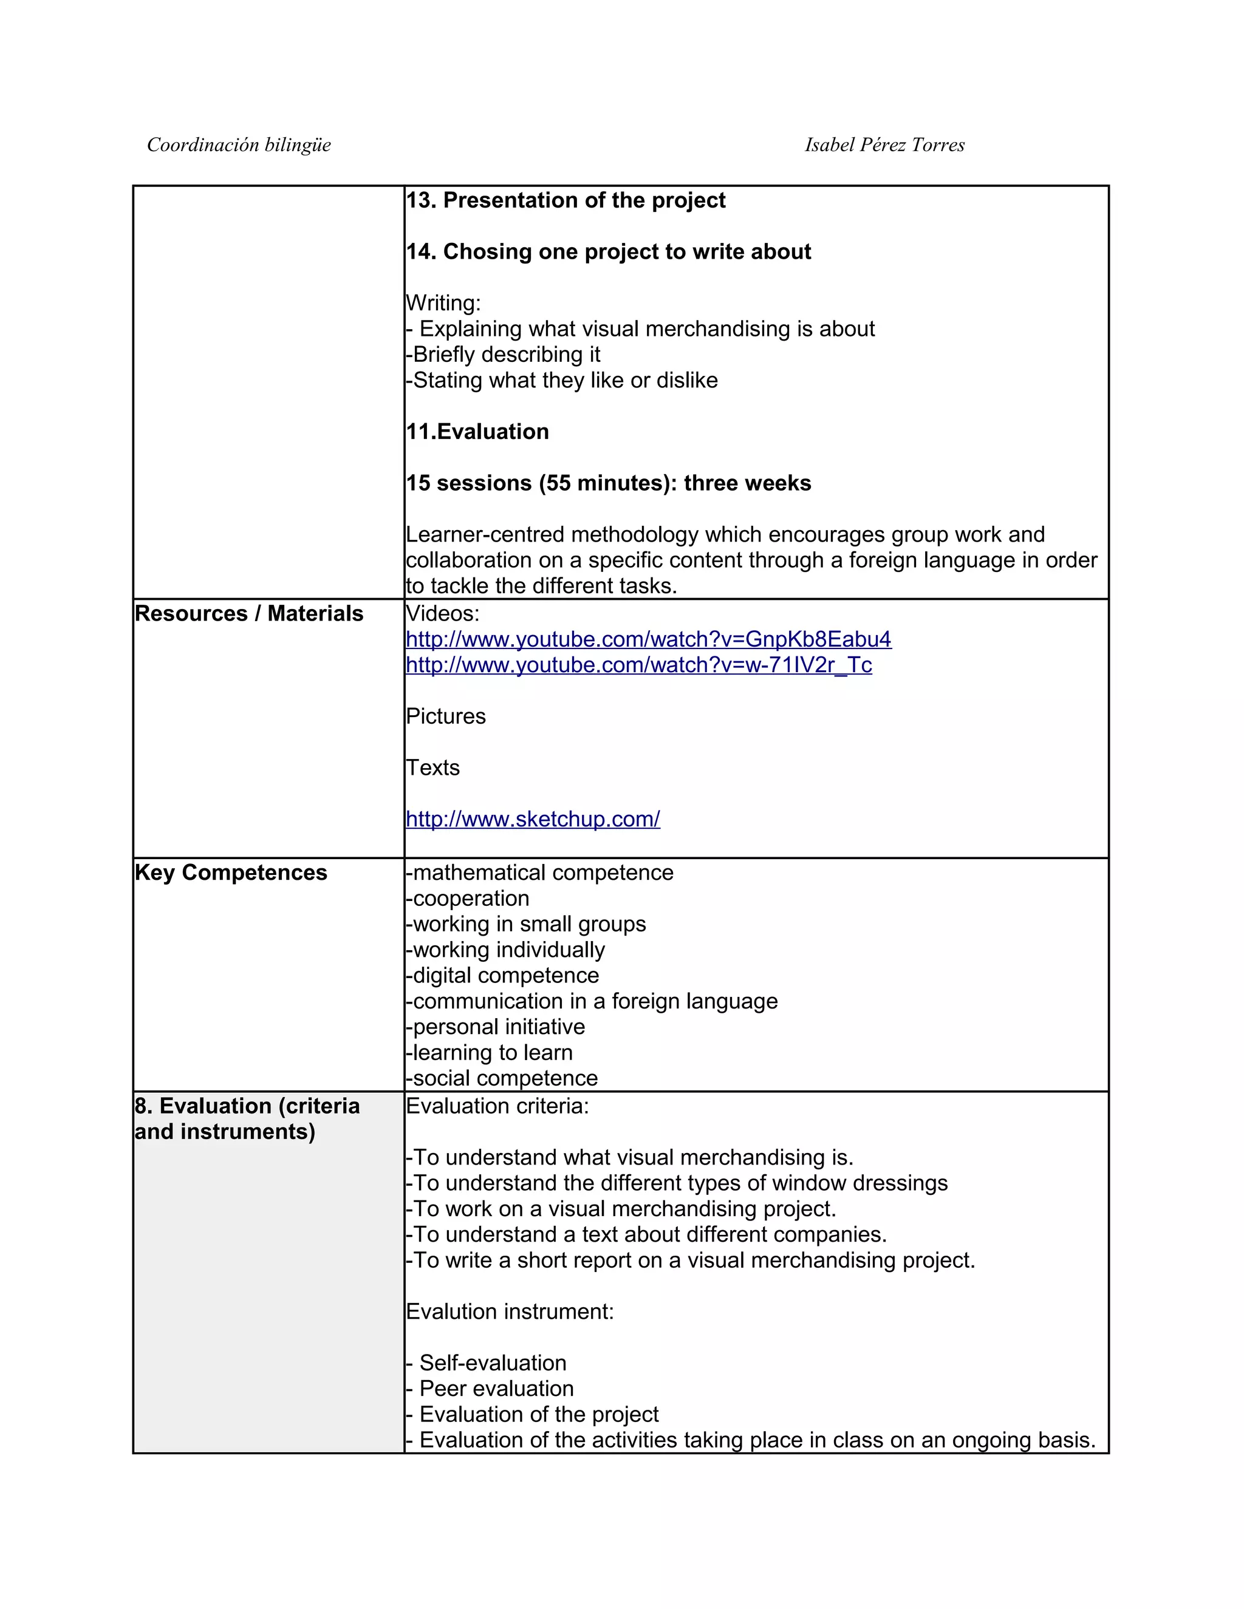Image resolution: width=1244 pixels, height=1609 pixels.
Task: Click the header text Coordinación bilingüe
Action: point(239,145)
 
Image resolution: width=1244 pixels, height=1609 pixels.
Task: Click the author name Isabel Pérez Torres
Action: point(884,145)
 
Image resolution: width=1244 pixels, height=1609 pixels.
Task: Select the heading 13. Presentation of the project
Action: point(566,200)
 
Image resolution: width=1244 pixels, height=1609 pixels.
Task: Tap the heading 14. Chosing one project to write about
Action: point(608,252)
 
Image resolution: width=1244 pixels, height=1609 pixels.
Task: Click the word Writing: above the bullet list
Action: point(443,303)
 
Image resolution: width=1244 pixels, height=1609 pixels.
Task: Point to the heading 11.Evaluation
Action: point(477,432)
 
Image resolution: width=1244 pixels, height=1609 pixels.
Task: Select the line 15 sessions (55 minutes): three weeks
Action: point(608,483)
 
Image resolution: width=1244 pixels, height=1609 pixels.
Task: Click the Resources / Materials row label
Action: point(249,614)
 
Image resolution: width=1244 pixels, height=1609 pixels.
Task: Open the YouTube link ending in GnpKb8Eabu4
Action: point(649,639)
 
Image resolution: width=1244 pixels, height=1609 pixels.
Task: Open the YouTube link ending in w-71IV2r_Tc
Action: point(639,665)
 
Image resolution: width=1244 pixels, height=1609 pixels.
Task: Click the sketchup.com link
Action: point(533,819)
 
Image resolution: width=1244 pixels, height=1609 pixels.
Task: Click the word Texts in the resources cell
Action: point(432,767)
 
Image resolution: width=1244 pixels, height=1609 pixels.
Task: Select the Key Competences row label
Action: point(231,873)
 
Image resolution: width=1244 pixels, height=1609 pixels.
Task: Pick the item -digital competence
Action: point(502,976)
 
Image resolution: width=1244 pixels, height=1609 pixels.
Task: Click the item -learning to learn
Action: point(490,1053)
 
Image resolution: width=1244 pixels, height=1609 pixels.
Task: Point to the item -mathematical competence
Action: point(539,873)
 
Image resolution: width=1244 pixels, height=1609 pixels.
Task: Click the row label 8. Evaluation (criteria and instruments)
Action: point(247,1118)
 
